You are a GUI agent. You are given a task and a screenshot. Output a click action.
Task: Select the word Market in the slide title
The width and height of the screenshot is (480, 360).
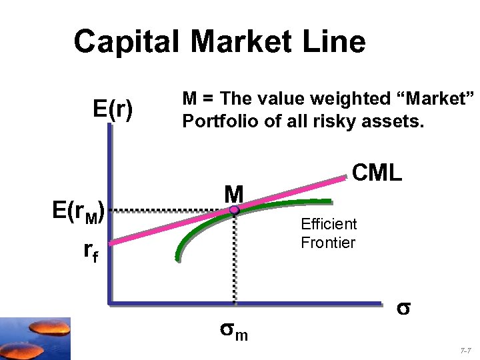tap(241, 41)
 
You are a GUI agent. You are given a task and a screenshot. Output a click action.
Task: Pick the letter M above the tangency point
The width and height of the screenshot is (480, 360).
tap(233, 193)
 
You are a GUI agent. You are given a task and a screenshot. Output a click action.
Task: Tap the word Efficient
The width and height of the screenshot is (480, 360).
tap(329, 224)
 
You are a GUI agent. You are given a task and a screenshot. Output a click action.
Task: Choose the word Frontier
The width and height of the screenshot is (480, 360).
tap(328, 242)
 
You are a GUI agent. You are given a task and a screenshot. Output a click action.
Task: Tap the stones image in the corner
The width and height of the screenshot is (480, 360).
tap(37, 338)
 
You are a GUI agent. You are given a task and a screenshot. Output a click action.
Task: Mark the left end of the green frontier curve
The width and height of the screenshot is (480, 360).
tap(177, 256)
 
